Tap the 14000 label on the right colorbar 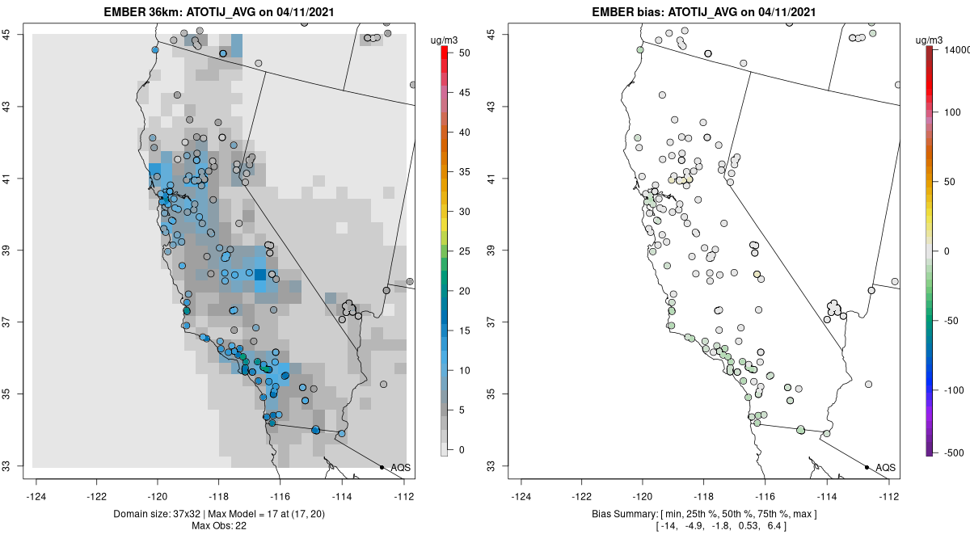click(x=951, y=50)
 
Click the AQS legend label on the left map click(x=400, y=467)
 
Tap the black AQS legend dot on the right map click(x=867, y=467)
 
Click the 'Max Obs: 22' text click(x=218, y=526)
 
